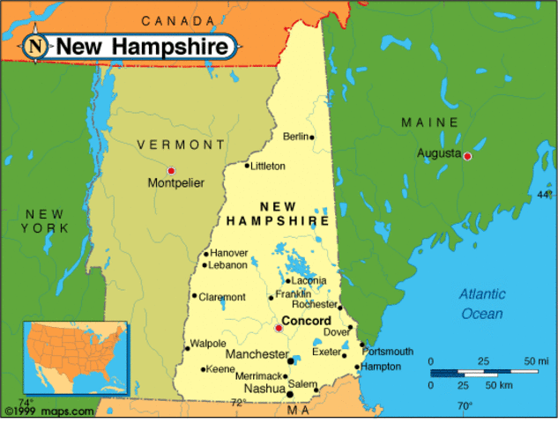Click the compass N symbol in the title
pyautogui.click(x=36, y=46)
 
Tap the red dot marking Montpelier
pyautogui.click(x=171, y=170)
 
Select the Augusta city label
pyautogui.click(x=438, y=153)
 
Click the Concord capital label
pyautogui.click(x=306, y=321)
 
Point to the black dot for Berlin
pyautogui.click(x=312, y=137)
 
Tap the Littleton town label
pyautogui.click(x=268, y=166)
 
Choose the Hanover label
pyautogui.click(x=229, y=253)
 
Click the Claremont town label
pyautogui.click(x=222, y=297)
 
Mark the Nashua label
pyautogui.click(x=264, y=388)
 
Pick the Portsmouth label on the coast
pyautogui.click(x=388, y=351)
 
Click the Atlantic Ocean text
pyautogui.click(x=482, y=304)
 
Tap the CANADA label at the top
pyautogui.click(x=178, y=20)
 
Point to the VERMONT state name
pyautogui.click(x=181, y=145)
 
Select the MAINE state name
pyautogui.click(x=429, y=122)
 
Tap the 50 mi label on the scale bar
pyautogui.click(x=536, y=361)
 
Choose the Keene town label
pyautogui.click(x=220, y=369)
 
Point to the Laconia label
pyautogui.click(x=309, y=281)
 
